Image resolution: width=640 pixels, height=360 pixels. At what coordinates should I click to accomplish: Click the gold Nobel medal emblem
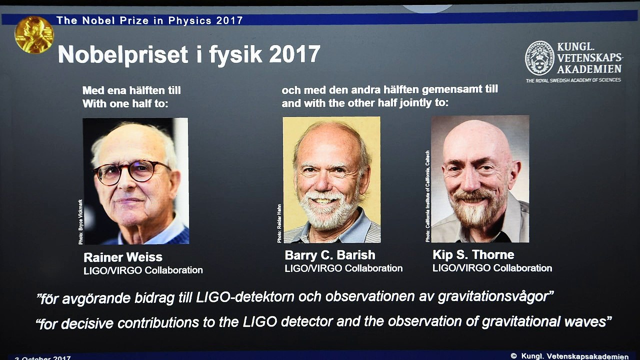point(33,34)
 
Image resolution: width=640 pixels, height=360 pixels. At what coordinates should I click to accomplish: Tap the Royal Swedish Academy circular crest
point(539,58)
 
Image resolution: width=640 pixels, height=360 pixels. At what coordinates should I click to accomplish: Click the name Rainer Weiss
point(122,257)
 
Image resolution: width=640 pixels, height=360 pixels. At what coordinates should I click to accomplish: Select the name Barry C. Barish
point(329,255)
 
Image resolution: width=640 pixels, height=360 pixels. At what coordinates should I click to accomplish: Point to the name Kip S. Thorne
point(473,255)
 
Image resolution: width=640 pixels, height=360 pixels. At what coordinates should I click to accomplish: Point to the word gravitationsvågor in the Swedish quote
point(494,297)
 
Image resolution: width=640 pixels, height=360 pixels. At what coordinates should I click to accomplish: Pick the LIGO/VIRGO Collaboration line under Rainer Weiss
point(143,270)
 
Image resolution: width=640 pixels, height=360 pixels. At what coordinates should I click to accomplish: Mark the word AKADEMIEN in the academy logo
point(589,69)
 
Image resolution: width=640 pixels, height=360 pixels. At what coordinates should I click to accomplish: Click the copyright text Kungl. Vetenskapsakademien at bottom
point(575,356)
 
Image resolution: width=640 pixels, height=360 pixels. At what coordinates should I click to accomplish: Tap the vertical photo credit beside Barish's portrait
point(279,223)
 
